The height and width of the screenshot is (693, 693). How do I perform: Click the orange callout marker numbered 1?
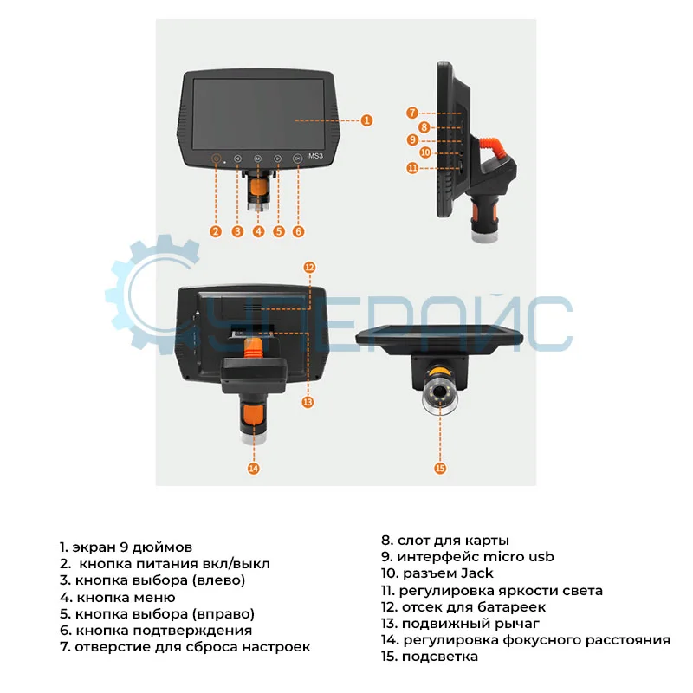[x=367, y=120]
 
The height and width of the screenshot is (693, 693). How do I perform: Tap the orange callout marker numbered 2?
[x=217, y=231]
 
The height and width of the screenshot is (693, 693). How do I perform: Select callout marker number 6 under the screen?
[x=298, y=231]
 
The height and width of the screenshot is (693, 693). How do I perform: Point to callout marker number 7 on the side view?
[x=413, y=113]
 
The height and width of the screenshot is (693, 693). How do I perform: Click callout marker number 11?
[x=413, y=167]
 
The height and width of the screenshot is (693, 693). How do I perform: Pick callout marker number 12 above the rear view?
[x=309, y=268]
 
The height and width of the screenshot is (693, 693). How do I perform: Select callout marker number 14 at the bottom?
[x=253, y=468]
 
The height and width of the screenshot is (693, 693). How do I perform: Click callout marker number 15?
[x=439, y=468]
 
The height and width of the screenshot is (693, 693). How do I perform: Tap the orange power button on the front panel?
[x=217, y=159]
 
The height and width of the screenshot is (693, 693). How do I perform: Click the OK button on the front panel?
[x=298, y=159]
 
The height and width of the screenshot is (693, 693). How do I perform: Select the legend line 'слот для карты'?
[x=445, y=540]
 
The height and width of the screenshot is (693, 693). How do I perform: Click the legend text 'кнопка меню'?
[x=118, y=597]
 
